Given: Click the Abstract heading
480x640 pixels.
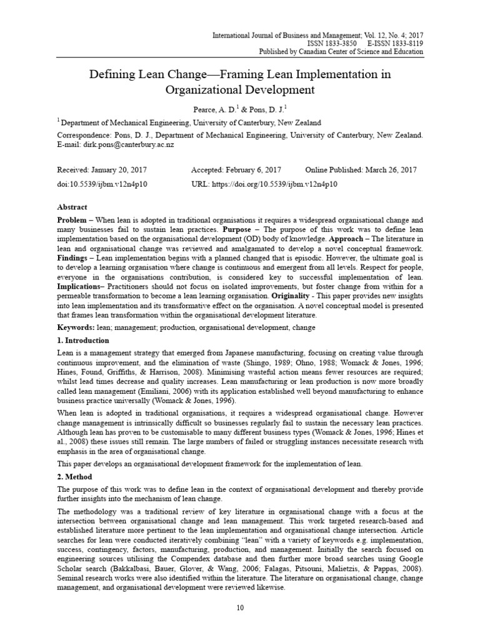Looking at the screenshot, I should point(72,207).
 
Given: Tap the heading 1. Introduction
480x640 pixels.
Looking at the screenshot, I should point(83,341).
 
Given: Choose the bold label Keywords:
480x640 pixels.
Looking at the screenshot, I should point(77,327).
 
